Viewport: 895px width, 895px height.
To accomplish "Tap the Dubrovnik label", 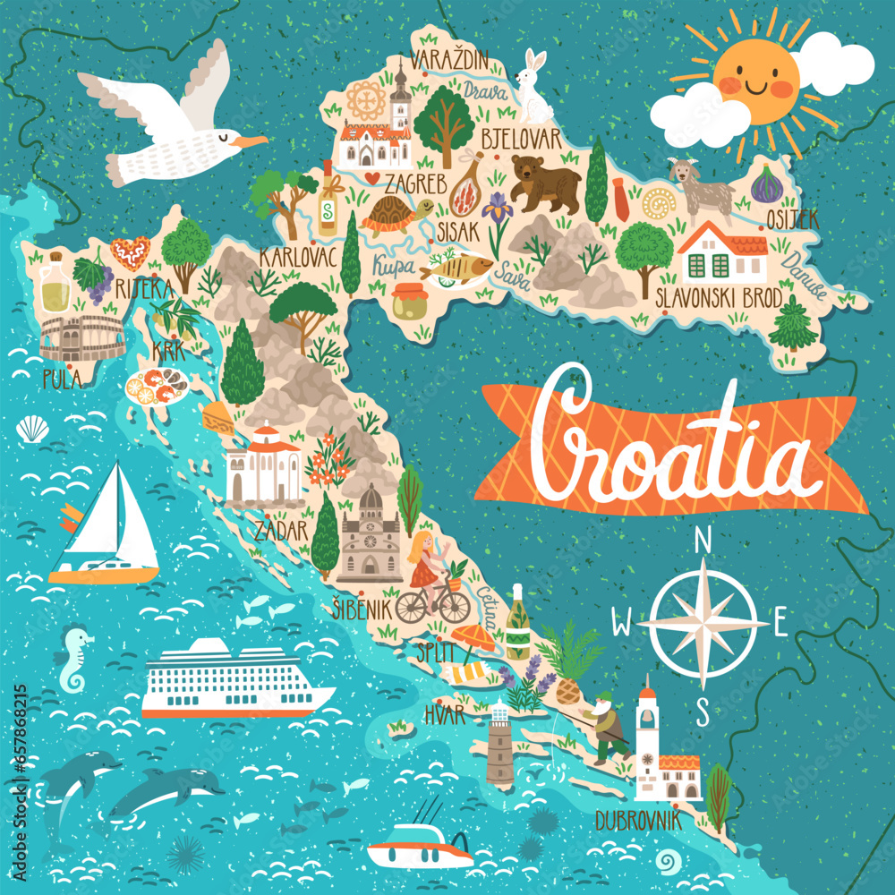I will [x=638, y=820].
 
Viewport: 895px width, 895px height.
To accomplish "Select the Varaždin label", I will [x=450, y=61].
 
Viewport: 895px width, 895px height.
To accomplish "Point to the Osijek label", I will [x=792, y=217].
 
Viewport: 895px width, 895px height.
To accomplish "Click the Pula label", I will [x=62, y=379].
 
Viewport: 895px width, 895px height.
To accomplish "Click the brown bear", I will [x=544, y=184].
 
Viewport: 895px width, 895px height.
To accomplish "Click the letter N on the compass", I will [x=703, y=541].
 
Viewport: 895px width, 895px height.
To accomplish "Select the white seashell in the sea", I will [x=33, y=429].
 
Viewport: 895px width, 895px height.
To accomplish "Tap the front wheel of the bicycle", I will [x=456, y=606].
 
